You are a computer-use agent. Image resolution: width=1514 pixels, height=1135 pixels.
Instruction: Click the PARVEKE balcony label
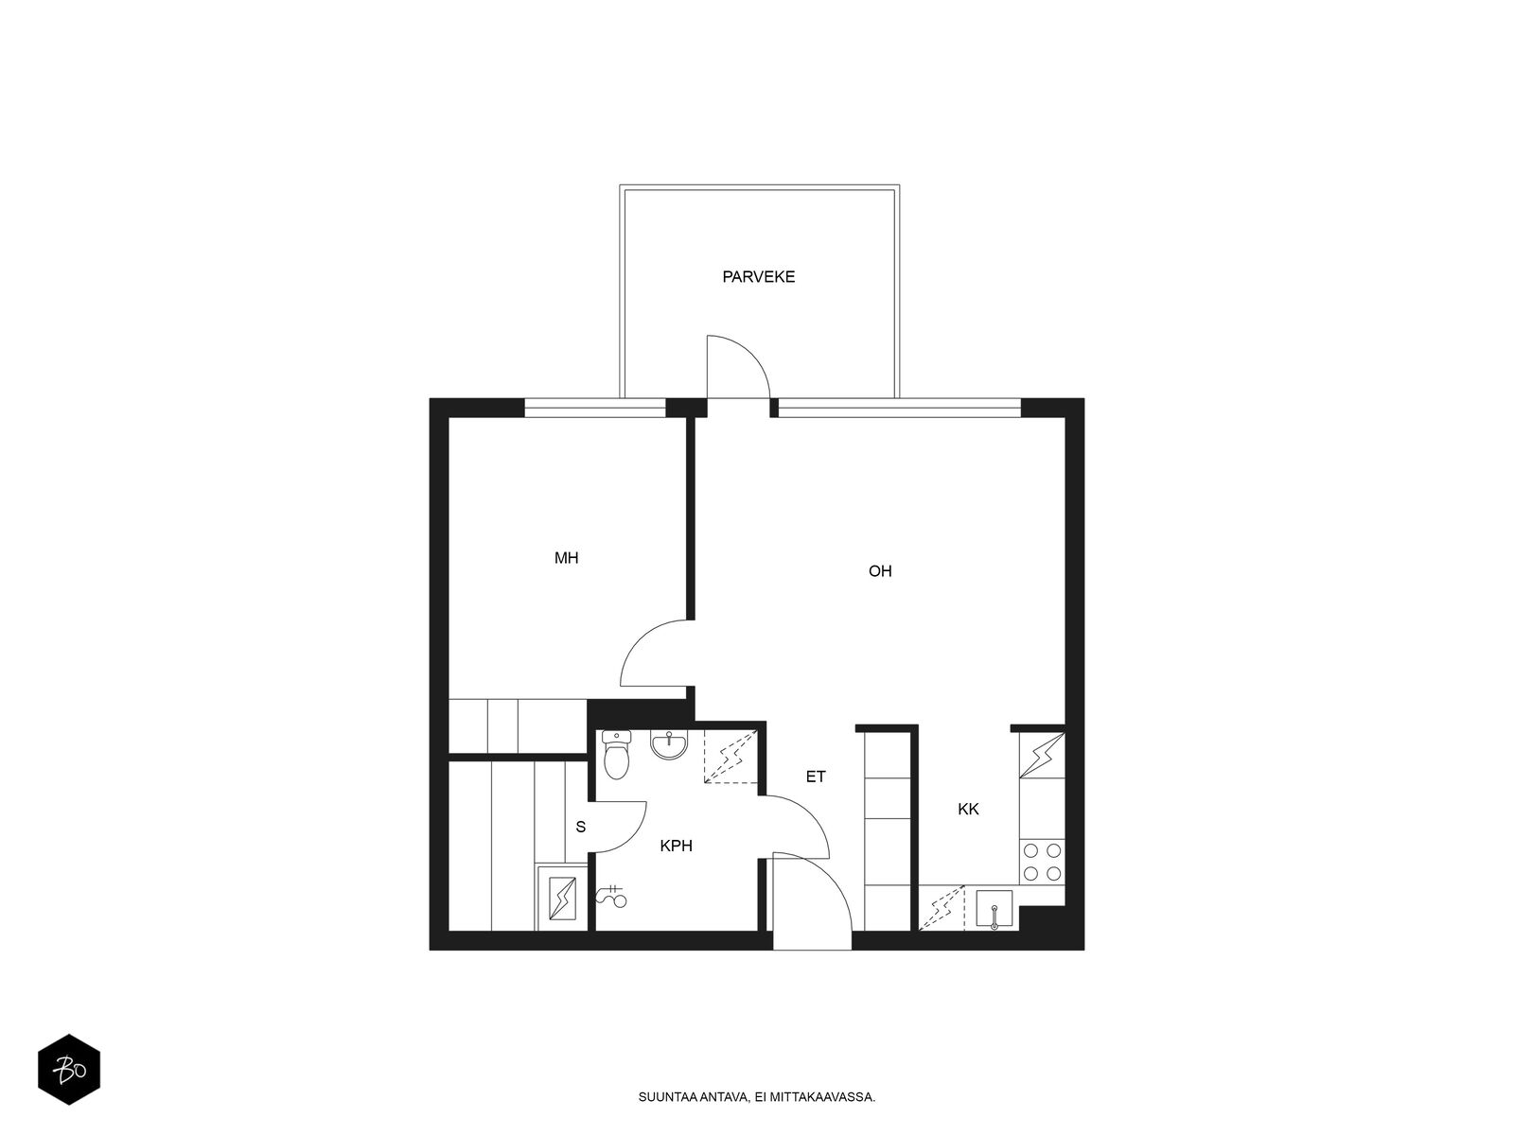click(758, 277)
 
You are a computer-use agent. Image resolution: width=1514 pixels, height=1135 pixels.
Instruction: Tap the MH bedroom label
click(566, 558)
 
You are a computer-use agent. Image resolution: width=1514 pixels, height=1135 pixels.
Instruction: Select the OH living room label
click(880, 571)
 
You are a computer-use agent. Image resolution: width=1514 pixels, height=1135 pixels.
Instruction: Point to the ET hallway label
click(816, 777)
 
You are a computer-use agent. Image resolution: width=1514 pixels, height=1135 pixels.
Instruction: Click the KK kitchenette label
click(968, 810)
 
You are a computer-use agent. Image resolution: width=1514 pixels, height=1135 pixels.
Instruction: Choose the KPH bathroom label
click(676, 847)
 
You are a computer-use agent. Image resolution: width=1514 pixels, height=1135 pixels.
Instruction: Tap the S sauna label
click(581, 827)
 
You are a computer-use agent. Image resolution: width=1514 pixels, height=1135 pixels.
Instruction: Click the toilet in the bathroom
click(616, 755)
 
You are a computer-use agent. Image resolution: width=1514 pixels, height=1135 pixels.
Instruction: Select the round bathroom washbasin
click(669, 745)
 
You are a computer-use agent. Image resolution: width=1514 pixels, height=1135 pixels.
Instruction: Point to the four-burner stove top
click(1042, 862)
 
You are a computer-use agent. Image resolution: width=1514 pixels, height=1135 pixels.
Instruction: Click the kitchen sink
click(994, 909)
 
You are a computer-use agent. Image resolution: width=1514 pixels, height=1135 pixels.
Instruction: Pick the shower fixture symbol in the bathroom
click(611, 896)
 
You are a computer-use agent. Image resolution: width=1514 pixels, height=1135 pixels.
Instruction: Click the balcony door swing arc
click(753, 354)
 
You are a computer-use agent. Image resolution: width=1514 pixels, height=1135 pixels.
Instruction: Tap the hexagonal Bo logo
click(69, 1070)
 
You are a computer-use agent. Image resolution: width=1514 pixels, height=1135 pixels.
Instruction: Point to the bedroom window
click(594, 408)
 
